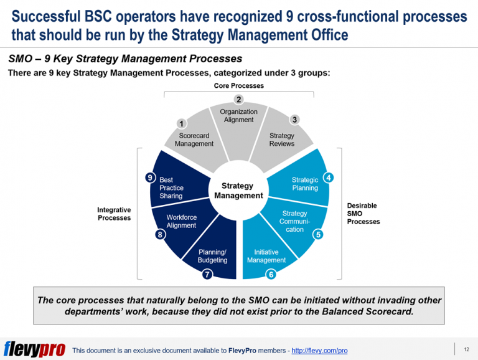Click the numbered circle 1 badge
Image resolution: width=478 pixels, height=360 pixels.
pyautogui.click(x=181, y=123)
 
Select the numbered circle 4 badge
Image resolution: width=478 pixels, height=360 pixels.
pyautogui.click(x=329, y=178)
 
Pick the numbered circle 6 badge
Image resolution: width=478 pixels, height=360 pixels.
pyautogui.click(x=271, y=274)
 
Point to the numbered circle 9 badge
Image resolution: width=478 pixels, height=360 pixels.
pyautogui.click(x=150, y=178)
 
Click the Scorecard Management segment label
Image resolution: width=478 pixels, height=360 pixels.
pyautogui.click(x=194, y=140)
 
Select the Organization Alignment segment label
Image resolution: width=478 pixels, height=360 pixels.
pyautogui.click(x=238, y=115)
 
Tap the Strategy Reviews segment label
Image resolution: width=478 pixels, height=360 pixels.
pyautogui.click(x=281, y=140)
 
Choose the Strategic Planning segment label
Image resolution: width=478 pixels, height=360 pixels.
pyautogui.click(x=305, y=184)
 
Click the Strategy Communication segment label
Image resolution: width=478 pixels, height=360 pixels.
pyautogui.click(x=294, y=221)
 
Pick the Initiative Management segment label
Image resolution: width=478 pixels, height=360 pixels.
pyautogui.click(x=266, y=256)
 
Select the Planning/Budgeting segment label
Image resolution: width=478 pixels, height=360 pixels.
pyautogui.click(x=212, y=256)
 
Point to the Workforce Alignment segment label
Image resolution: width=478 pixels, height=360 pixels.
pyautogui.click(x=181, y=221)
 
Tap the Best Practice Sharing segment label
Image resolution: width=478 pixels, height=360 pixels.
pyautogui.click(x=171, y=187)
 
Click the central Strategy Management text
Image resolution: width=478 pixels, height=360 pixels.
pyautogui.click(x=238, y=191)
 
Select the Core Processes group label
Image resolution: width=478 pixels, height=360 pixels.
pyautogui.click(x=238, y=86)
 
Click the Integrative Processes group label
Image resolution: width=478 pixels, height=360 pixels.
pyautogui.click(x=114, y=214)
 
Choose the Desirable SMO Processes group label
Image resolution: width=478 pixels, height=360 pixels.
pyautogui.click(x=363, y=214)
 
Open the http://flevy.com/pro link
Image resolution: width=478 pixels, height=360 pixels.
pyautogui.click(x=319, y=351)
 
